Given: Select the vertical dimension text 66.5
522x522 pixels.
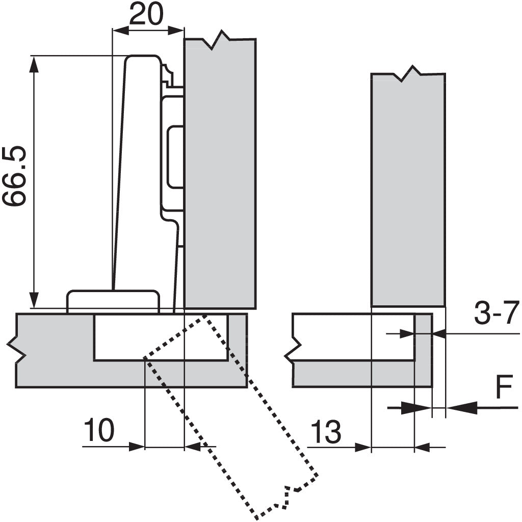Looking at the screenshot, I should coord(14,176).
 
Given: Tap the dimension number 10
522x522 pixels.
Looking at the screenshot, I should coord(98,431).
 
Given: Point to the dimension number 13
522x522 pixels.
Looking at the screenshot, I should coord(325,432).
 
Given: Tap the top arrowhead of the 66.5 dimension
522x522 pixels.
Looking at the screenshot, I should coord(34,63).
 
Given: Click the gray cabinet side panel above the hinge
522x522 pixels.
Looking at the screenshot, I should coord(219,173).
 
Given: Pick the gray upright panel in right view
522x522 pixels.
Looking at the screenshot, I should coord(408,189).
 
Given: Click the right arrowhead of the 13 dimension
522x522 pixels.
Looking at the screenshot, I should coord(422,448).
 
